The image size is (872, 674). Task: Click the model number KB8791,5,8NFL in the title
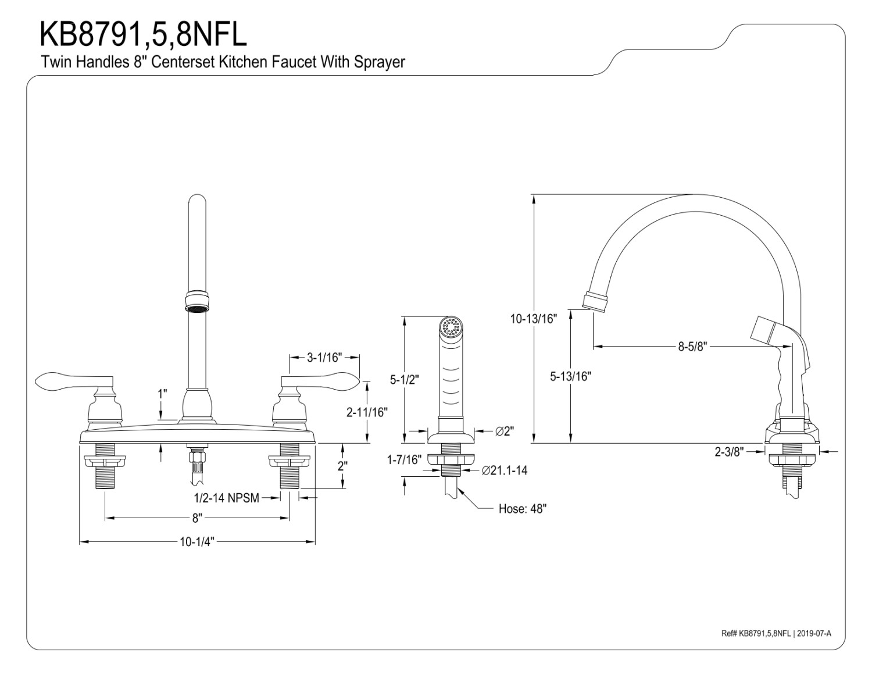click(x=143, y=34)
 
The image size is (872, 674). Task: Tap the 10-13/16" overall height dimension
click(x=534, y=319)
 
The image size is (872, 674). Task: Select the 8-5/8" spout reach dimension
click(x=691, y=347)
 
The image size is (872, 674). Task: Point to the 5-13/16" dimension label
click(x=570, y=376)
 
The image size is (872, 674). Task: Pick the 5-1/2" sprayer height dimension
click(x=404, y=380)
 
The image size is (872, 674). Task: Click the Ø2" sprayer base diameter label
click(x=505, y=431)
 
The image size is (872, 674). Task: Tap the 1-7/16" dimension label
click(x=404, y=460)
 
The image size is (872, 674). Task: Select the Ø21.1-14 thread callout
click(x=505, y=470)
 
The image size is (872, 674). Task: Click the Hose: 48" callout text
click(x=523, y=509)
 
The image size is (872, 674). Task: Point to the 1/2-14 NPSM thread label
click(x=226, y=498)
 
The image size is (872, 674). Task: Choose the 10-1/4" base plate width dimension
click(x=197, y=543)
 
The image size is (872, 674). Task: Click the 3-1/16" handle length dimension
click(x=324, y=357)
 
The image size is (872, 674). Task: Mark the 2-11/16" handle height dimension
click(x=367, y=412)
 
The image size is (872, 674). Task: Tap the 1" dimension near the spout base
click(x=162, y=394)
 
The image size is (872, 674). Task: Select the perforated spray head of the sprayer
click(x=451, y=327)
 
